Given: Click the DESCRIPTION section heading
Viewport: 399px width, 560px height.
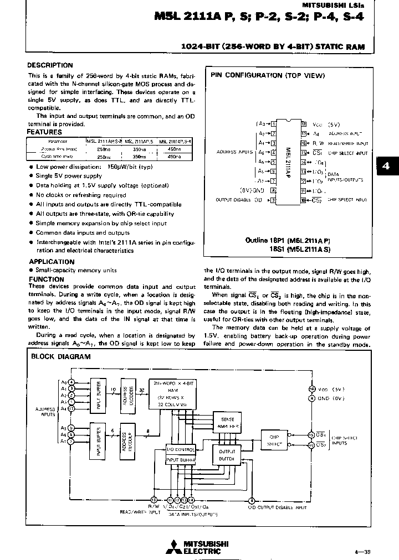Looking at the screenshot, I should tap(50, 65).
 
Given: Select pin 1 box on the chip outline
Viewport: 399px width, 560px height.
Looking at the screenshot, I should tap(273, 125).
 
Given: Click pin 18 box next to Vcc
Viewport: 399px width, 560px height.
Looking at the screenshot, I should tap(303, 125).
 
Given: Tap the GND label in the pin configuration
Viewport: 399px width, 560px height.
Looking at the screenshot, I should tap(259, 190).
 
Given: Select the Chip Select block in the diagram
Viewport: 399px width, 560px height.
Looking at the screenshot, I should tap(274, 440).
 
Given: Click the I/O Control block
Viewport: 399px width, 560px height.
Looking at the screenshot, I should tap(181, 450).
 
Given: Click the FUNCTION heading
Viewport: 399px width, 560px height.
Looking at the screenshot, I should tap(46, 279).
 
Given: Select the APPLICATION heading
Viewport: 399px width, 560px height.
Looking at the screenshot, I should tap(51, 262).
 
